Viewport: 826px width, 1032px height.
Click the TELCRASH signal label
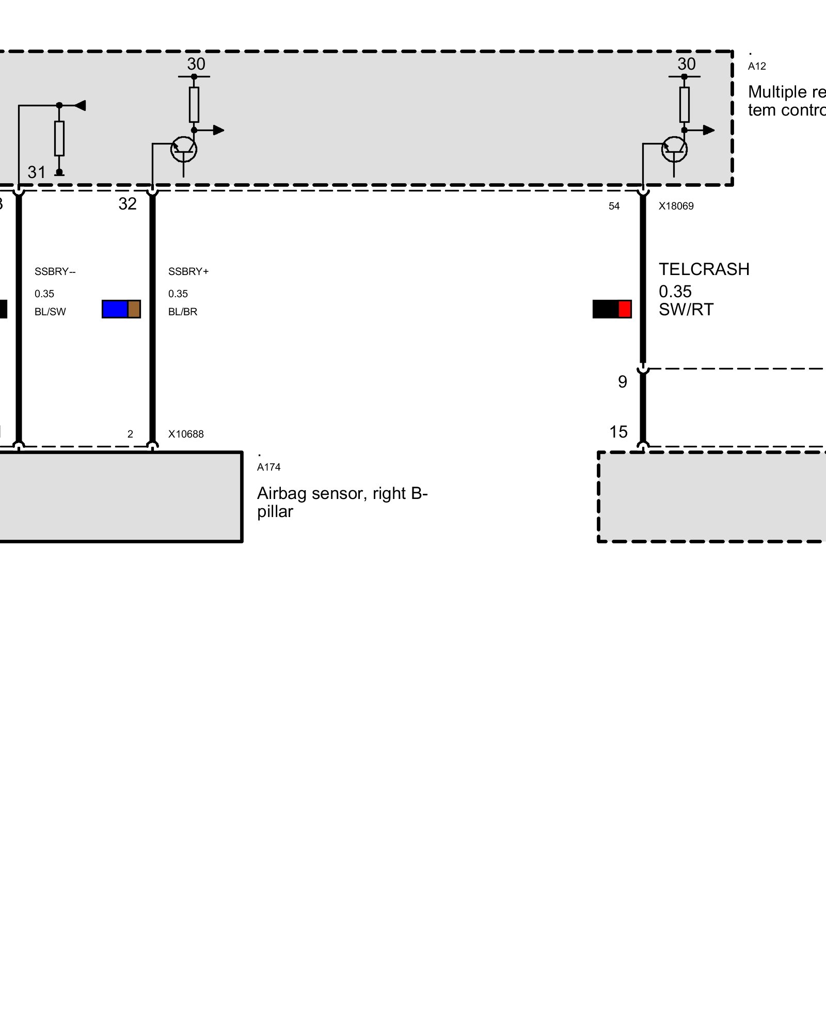coord(704,269)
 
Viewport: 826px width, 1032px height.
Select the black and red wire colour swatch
coord(612,309)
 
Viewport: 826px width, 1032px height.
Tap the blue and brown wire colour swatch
coord(121,309)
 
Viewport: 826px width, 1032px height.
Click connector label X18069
coord(676,206)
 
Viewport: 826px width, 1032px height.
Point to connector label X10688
coord(186,434)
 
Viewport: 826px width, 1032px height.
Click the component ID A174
coord(268,467)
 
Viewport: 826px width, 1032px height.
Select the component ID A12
coord(757,67)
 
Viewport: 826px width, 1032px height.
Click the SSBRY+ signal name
coord(188,272)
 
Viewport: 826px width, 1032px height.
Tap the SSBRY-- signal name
coord(55,272)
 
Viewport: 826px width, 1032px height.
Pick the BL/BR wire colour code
coord(183,312)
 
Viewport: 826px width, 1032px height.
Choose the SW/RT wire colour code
coord(686,310)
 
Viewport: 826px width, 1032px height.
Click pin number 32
coord(128,204)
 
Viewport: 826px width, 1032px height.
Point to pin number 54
coord(614,206)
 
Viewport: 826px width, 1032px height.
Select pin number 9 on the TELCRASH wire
coord(623,382)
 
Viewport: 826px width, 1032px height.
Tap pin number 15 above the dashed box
coord(618,431)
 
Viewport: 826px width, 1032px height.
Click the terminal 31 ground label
coord(37,172)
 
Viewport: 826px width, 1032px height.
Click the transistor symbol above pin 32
coord(184,149)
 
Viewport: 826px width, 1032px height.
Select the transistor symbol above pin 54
coord(674,149)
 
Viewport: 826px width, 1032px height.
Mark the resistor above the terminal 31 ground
coord(59,138)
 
